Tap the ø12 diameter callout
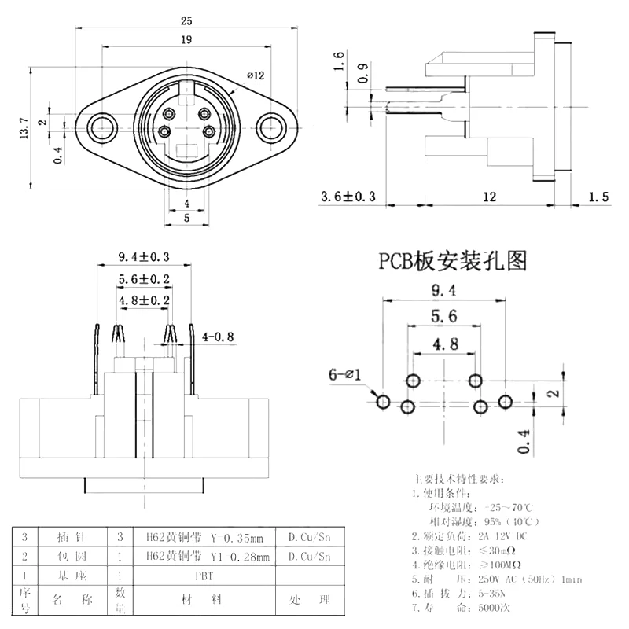tap(256, 75)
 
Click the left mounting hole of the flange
tap(100, 127)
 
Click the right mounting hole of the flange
tap(270, 127)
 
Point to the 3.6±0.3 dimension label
tap(348, 197)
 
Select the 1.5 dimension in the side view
tap(599, 197)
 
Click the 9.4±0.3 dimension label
tap(144, 256)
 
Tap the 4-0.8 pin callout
tap(219, 337)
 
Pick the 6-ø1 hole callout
tap(344, 376)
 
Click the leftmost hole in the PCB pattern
tap(383, 402)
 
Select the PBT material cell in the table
tap(204, 576)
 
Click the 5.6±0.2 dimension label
tap(144, 279)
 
